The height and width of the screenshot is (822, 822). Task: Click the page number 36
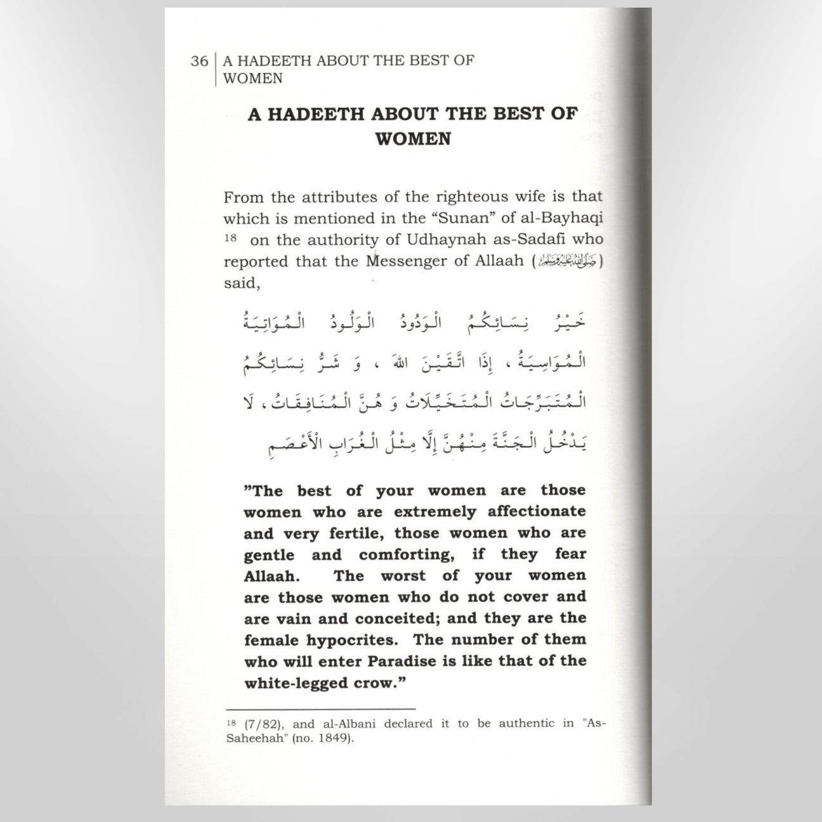199,62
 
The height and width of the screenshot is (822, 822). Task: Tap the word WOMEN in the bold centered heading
413,139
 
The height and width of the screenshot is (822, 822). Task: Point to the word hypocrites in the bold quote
361,640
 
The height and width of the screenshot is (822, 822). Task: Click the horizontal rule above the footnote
321,708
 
